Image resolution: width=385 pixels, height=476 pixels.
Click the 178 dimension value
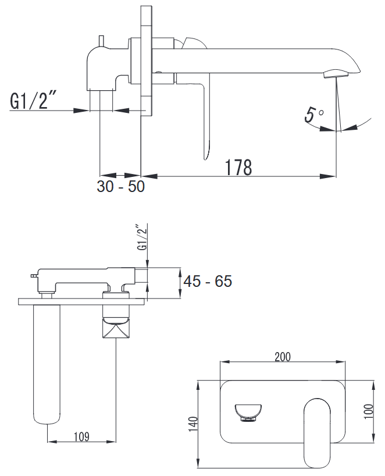tap(238, 167)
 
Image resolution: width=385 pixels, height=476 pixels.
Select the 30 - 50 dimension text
tap(120, 187)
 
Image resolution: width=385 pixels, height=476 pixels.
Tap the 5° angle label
tap(314, 113)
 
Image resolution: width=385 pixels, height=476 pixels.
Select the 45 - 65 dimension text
tap(208, 282)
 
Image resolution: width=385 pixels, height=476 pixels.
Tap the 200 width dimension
tap(282, 357)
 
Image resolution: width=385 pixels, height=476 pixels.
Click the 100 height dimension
tap(368, 409)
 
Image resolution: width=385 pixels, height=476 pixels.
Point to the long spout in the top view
tap(47, 361)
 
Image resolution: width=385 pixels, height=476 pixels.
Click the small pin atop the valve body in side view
tap(101, 40)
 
